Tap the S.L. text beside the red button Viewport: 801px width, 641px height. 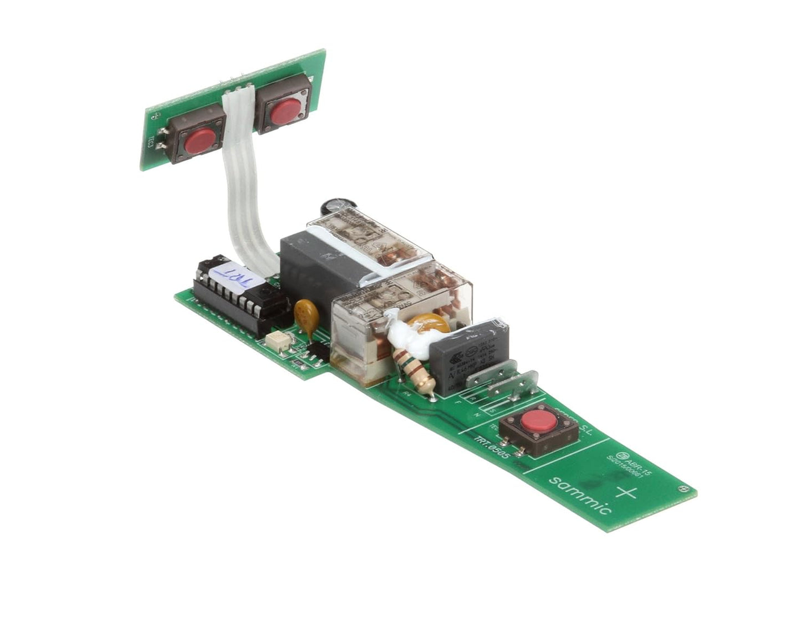click(582, 428)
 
